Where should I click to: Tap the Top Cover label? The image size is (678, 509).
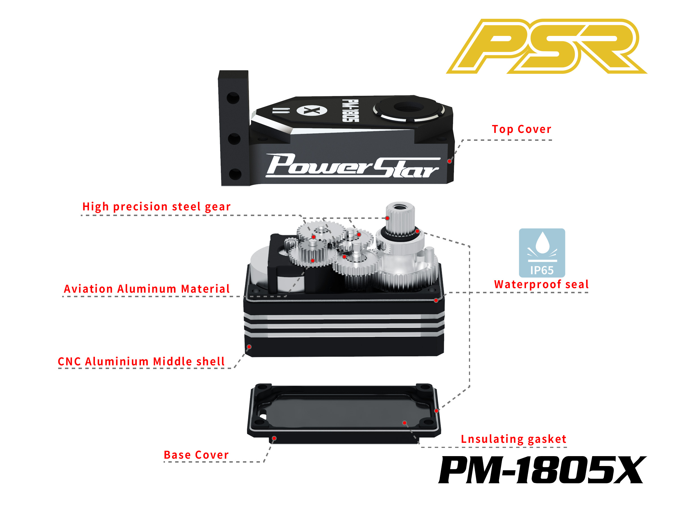pyautogui.click(x=521, y=129)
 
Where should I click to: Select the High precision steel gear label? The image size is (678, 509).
pyautogui.click(x=156, y=207)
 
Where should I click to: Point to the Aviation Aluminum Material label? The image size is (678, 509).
pyautogui.click(x=147, y=289)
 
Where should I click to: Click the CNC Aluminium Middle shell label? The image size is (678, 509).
pyautogui.click(x=141, y=361)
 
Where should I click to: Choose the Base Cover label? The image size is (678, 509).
pyautogui.click(x=196, y=455)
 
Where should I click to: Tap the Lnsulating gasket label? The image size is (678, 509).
pyautogui.click(x=513, y=439)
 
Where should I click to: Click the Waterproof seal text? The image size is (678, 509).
pyautogui.click(x=541, y=284)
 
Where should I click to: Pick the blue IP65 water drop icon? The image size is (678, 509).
pyautogui.click(x=542, y=253)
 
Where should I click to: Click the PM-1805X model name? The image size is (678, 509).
pyautogui.click(x=542, y=470)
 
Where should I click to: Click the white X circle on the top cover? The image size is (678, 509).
pyautogui.click(x=312, y=111)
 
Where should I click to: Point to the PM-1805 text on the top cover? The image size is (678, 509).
pyautogui.click(x=350, y=111)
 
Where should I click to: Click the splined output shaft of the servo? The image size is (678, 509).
pyautogui.click(x=400, y=219)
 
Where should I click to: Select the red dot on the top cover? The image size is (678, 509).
pyautogui.click(x=449, y=161)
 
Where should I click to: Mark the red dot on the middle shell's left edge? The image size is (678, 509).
pyautogui.click(x=249, y=347)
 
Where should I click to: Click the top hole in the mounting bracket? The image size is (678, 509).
pyautogui.click(x=233, y=98)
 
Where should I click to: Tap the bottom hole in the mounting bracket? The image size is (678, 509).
pyautogui.click(x=235, y=174)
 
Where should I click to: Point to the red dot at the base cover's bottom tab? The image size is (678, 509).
pyautogui.click(x=274, y=438)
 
